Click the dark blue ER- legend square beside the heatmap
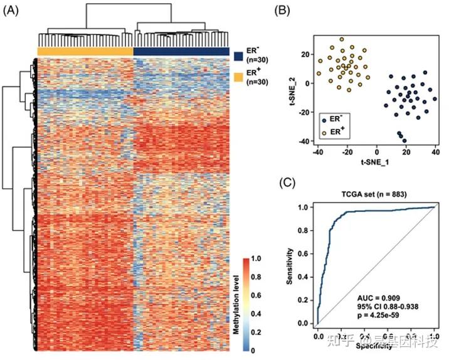coord(238,56)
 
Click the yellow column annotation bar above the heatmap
coord(85,51)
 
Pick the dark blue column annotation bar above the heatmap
coord(181,51)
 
